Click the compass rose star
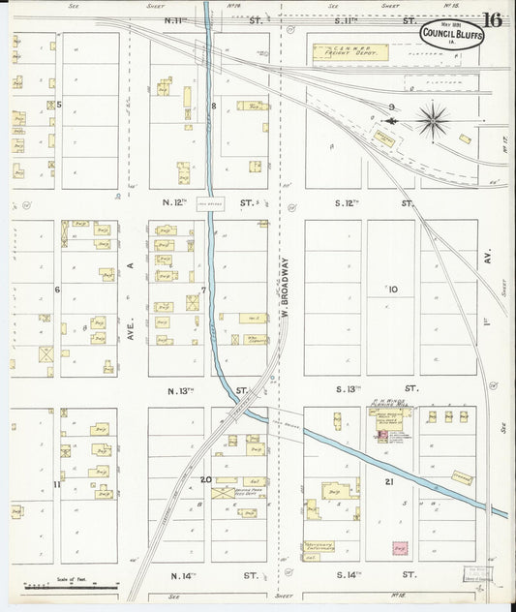point(432,121)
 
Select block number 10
point(392,289)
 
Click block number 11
point(57,483)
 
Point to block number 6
point(57,289)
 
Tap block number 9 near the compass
point(391,106)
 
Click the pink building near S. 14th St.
point(398,549)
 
